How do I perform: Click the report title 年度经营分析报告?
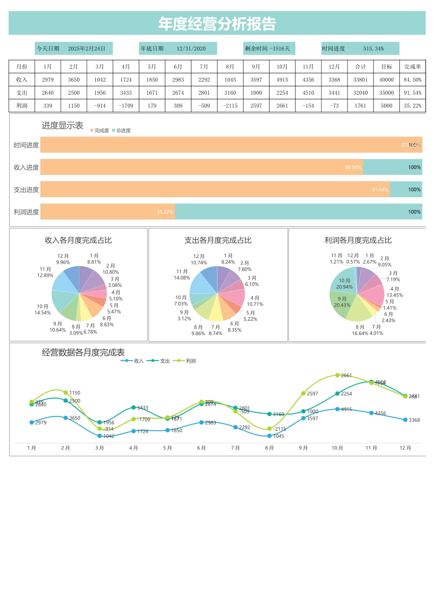tap(217, 24)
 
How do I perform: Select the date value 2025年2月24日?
tap(87, 49)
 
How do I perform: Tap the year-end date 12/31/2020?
tap(191, 49)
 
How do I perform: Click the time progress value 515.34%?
tap(374, 49)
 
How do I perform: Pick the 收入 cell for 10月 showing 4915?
tap(282, 80)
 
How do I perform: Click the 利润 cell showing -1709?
tap(126, 106)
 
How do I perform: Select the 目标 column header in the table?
tap(386, 67)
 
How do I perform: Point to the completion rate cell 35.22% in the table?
tap(413, 106)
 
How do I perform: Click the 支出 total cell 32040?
tap(360, 93)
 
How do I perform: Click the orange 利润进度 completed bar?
tap(108, 212)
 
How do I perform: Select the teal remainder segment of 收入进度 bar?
tap(392, 167)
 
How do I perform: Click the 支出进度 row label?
tap(26, 190)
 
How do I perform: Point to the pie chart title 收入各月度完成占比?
tap(78, 240)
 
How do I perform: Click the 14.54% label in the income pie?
tap(43, 313)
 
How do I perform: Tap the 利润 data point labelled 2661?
tap(337, 375)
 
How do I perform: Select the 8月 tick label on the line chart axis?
tap(269, 448)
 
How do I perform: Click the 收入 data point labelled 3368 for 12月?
tap(405, 420)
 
